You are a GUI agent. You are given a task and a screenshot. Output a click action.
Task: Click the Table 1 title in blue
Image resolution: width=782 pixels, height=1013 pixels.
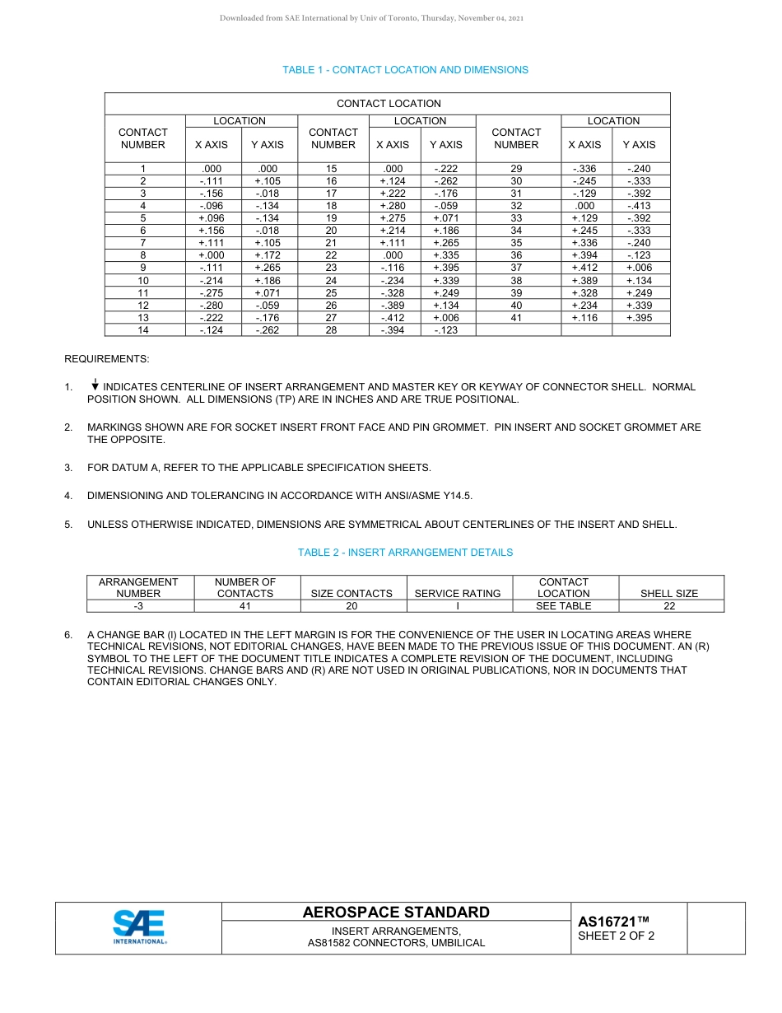pyautogui.click(x=405, y=70)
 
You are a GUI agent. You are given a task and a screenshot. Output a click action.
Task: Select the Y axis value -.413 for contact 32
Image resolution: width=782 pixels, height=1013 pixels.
pyautogui.click(x=639, y=206)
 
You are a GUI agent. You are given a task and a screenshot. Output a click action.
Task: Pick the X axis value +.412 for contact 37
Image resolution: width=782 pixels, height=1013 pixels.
pyautogui.click(x=584, y=268)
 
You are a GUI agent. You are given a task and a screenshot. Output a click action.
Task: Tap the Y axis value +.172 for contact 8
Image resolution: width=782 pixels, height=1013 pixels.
pyautogui.click(x=268, y=255)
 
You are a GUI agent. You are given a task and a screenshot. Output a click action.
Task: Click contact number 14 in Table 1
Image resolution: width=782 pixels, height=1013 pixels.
pyautogui.click(x=143, y=330)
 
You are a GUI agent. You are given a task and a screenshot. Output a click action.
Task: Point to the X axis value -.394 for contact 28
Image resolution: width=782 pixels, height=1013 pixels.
pyautogui.click(x=393, y=330)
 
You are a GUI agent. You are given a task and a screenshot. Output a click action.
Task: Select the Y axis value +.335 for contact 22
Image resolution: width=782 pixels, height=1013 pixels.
pyautogui.click(x=446, y=255)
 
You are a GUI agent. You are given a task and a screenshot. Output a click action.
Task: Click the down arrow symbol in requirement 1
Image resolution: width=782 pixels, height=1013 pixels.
pyautogui.click(x=95, y=385)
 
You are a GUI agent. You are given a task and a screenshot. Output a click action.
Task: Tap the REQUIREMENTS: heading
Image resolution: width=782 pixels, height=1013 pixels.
pyautogui.click(x=107, y=360)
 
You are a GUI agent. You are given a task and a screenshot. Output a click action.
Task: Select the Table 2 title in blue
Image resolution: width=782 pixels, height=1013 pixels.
pyautogui.click(x=405, y=553)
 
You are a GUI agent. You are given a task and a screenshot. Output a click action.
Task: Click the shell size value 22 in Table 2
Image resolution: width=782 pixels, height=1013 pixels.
pyautogui.click(x=669, y=606)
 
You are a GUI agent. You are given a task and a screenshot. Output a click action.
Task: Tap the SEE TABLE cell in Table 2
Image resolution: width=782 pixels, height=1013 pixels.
pyautogui.click(x=564, y=606)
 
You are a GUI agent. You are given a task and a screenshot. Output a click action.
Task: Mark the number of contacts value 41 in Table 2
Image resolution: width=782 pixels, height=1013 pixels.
pyautogui.click(x=244, y=606)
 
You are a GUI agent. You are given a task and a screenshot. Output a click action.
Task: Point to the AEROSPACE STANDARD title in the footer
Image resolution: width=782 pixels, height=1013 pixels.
pyautogui.click(x=396, y=913)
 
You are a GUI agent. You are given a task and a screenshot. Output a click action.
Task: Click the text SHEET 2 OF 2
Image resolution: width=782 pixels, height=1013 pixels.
pyautogui.click(x=617, y=936)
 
